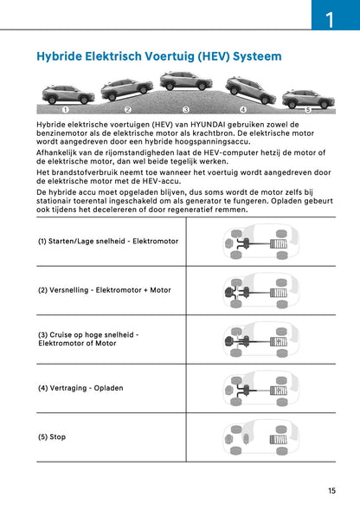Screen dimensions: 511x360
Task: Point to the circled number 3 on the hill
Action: coord(185,110)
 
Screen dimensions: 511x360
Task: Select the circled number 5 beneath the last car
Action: coord(308,110)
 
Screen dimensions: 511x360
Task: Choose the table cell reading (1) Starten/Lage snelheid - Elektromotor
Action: coord(107,241)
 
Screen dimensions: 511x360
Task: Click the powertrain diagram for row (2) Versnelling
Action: coord(256,290)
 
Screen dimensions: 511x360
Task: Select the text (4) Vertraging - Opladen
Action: coord(80,387)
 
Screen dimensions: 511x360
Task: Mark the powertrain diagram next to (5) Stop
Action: coord(256,437)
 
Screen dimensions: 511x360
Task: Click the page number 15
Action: coord(331,491)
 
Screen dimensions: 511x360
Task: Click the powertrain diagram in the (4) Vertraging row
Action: coord(256,387)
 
